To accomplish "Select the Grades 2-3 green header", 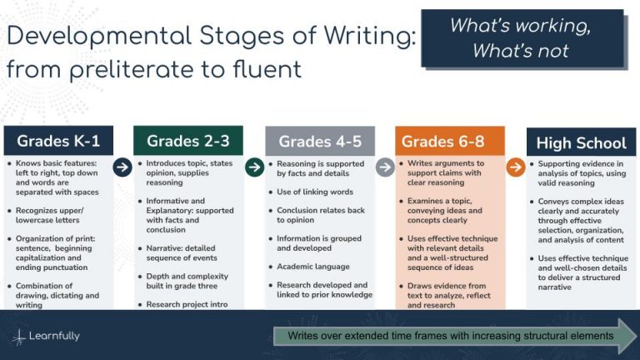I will coord(187,141).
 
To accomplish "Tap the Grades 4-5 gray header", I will coord(320,141).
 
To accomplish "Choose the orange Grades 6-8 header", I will coord(450,141).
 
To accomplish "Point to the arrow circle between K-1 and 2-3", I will coord(122,167).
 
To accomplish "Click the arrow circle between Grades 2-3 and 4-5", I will coord(254,167).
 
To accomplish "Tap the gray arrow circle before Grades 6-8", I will coord(385,167).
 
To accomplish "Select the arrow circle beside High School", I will coord(516,167).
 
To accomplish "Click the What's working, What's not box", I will coord(521,38).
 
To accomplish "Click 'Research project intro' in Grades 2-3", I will coord(187,304).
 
